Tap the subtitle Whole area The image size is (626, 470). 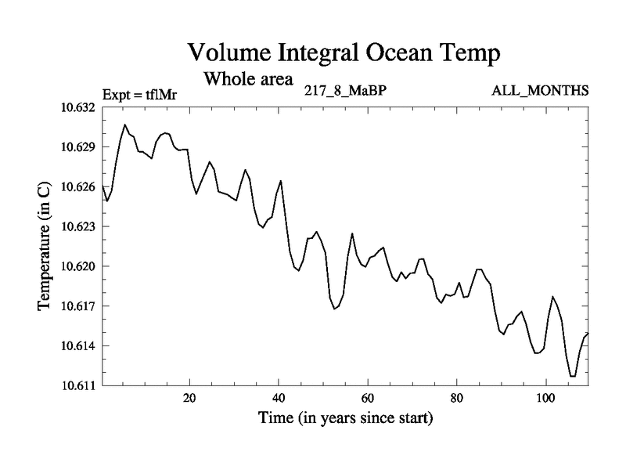tap(248, 78)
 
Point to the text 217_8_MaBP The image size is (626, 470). tap(345, 91)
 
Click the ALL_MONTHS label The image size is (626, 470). tap(540, 91)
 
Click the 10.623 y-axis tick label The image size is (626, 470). tap(77, 226)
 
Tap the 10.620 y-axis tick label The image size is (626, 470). tap(77, 266)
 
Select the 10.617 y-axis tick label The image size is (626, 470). tap(77, 306)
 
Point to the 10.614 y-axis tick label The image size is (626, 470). tap(77, 346)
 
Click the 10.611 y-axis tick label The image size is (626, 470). tap(77, 385)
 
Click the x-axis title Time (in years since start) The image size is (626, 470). tap(345, 419)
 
